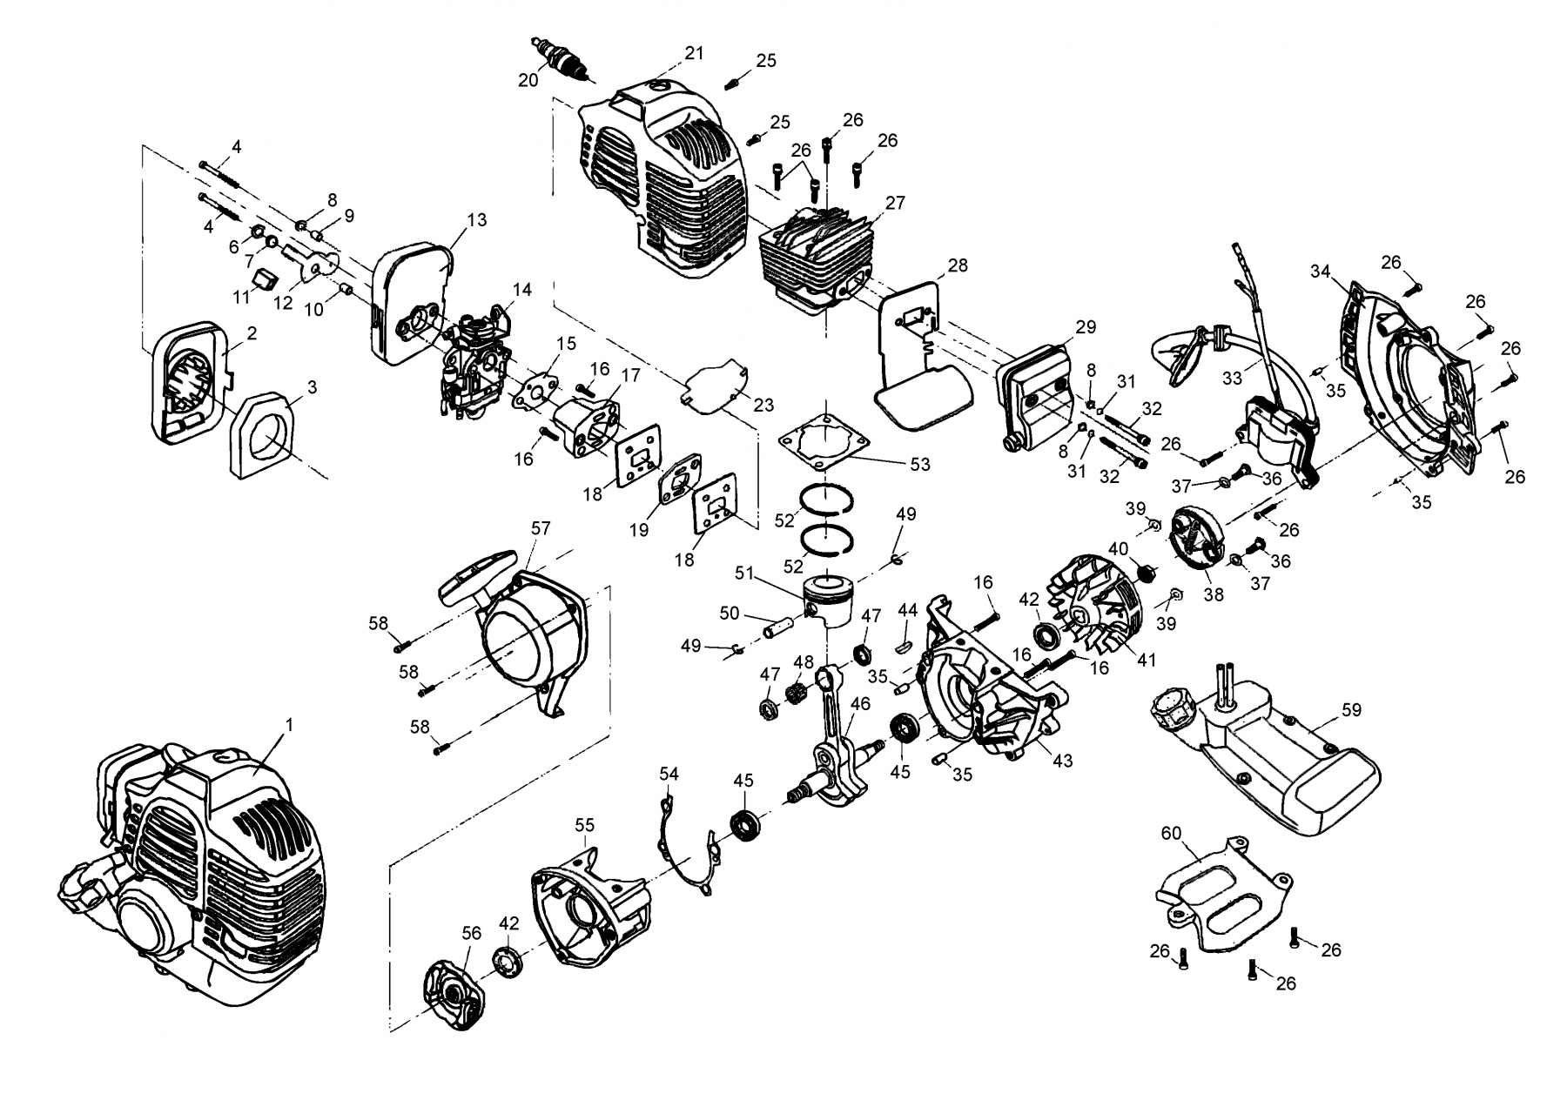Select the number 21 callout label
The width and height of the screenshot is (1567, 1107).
pyautogui.click(x=694, y=53)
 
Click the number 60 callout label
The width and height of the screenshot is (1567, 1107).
pyautogui.click(x=1171, y=833)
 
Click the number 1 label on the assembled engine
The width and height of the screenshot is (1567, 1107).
pyautogui.click(x=289, y=724)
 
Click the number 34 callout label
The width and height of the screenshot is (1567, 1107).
pyautogui.click(x=1321, y=272)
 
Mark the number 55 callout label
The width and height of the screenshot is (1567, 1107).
pyautogui.click(x=584, y=824)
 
